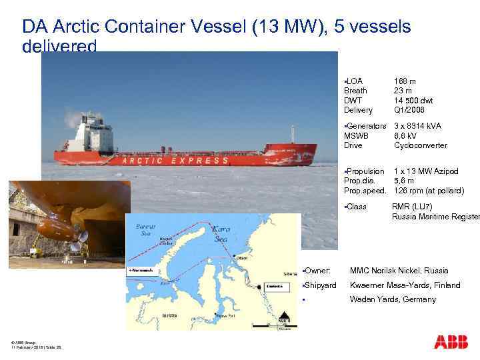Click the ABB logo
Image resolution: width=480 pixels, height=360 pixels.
[x=451, y=342]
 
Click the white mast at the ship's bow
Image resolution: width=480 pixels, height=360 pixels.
[x=291, y=134]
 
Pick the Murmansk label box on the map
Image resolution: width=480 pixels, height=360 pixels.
[x=142, y=271]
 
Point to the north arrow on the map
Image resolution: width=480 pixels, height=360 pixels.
[x=285, y=319]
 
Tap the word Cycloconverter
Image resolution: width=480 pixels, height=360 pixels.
[x=421, y=145]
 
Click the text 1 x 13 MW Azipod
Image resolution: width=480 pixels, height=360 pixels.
[x=427, y=171]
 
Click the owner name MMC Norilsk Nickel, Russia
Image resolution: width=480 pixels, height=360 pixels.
[x=399, y=271]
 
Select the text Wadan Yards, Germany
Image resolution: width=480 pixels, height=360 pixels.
[x=393, y=299]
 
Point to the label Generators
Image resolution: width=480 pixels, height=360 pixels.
[x=366, y=126]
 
